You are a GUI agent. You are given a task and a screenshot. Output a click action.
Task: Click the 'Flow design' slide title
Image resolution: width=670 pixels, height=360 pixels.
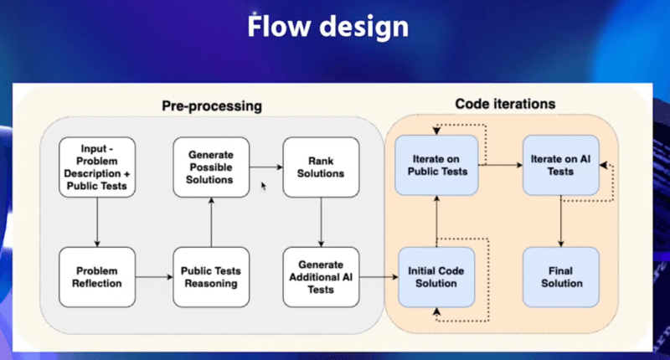(x=327, y=27)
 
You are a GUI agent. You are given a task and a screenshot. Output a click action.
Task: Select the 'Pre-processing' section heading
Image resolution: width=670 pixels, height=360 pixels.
(x=212, y=106)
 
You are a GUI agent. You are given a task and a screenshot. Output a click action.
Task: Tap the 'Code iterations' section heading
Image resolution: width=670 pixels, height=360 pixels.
(x=505, y=104)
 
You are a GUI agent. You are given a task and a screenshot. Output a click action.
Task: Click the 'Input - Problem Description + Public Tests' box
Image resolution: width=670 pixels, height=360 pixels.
(x=97, y=167)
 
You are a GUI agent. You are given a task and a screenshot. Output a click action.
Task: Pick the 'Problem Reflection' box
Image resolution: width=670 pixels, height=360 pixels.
(x=97, y=277)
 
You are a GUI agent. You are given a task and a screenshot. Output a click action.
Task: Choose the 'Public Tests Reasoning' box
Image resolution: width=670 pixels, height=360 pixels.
(x=211, y=277)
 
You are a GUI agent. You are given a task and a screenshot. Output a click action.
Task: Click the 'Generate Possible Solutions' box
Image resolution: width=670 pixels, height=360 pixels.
(x=211, y=167)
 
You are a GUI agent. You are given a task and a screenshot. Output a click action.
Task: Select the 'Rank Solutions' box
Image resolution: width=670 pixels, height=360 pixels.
(x=321, y=167)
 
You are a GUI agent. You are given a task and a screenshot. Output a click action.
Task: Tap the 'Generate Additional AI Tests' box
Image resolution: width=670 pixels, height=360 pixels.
(x=321, y=277)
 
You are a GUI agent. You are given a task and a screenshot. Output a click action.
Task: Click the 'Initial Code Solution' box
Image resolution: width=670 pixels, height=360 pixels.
(x=436, y=277)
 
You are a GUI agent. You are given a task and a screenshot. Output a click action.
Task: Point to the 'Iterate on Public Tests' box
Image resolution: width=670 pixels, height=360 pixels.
(x=436, y=165)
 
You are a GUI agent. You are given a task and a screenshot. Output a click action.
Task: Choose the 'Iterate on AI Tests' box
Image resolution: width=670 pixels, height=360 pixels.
(x=560, y=165)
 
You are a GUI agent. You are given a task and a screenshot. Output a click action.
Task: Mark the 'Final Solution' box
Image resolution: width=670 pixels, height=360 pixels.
(x=560, y=277)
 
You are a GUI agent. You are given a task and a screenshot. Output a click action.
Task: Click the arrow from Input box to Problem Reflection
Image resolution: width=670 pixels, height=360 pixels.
(x=97, y=222)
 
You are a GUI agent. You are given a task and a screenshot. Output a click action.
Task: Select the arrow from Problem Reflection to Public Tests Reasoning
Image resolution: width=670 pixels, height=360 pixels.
(x=154, y=277)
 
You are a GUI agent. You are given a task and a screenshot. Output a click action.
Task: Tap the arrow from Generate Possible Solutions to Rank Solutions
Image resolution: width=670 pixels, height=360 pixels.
(x=266, y=167)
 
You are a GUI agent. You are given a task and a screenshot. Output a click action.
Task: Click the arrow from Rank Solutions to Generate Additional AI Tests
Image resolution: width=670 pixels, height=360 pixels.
(x=321, y=222)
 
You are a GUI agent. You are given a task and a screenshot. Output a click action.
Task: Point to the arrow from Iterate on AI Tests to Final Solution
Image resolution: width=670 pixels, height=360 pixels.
(x=560, y=221)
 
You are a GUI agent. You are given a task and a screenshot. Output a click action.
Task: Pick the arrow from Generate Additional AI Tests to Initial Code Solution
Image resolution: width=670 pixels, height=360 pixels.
(x=379, y=277)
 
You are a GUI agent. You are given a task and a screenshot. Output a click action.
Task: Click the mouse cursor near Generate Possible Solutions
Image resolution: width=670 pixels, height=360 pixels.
(x=264, y=186)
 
